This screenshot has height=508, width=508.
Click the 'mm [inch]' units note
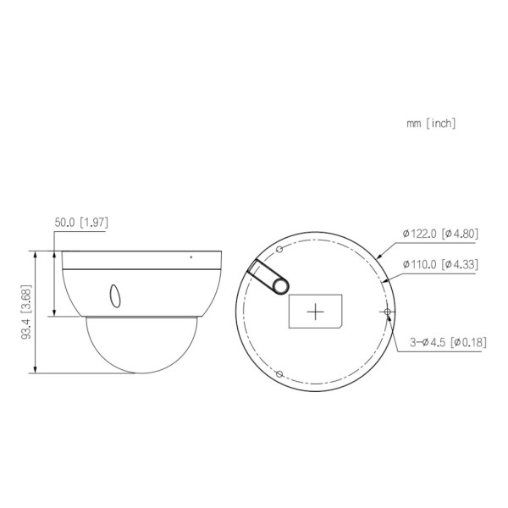[x=431, y=124]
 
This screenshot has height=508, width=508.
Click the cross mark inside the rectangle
[x=316, y=312]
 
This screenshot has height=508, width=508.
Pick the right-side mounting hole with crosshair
[x=388, y=312]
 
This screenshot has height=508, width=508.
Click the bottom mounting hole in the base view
[x=279, y=374]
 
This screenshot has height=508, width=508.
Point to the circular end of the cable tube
[x=278, y=284]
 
